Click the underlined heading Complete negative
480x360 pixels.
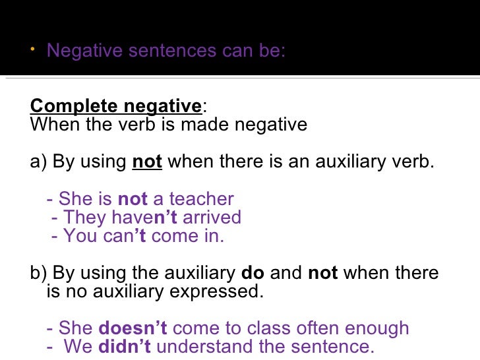tap(116, 106)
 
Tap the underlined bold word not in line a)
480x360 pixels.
tap(147, 162)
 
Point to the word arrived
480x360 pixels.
tap(212, 218)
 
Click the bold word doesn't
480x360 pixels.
tap(133, 328)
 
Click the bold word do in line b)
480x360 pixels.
tap(253, 273)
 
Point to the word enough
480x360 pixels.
tap(376, 328)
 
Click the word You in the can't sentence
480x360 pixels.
tap(80, 236)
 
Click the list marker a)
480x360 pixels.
tap(38, 162)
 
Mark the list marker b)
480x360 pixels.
tap(38, 273)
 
